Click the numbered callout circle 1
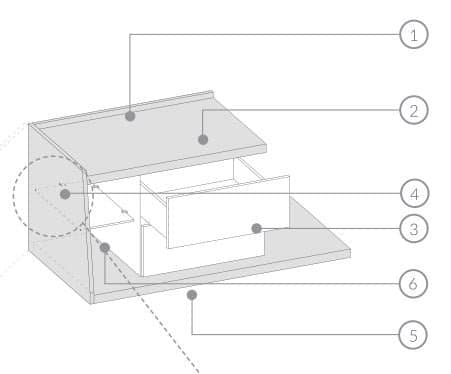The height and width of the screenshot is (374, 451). coord(413,35)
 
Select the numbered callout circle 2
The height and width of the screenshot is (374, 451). coord(413,109)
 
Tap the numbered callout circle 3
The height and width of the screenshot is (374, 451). coord(413,230)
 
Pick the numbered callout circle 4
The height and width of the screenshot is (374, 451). coord(413,192)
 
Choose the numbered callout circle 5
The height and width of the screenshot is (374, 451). coord(413,333)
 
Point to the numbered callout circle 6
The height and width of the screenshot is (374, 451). coord(413,285)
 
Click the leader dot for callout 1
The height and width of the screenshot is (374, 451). coord(131,116)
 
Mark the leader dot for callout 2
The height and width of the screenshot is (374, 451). coord(202,139)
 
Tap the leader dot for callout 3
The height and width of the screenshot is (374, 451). coord(256,229)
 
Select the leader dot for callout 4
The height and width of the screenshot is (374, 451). coord(65,194)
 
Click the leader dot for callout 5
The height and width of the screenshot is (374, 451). coord(191,294)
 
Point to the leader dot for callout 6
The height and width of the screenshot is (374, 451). coord(105,246)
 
